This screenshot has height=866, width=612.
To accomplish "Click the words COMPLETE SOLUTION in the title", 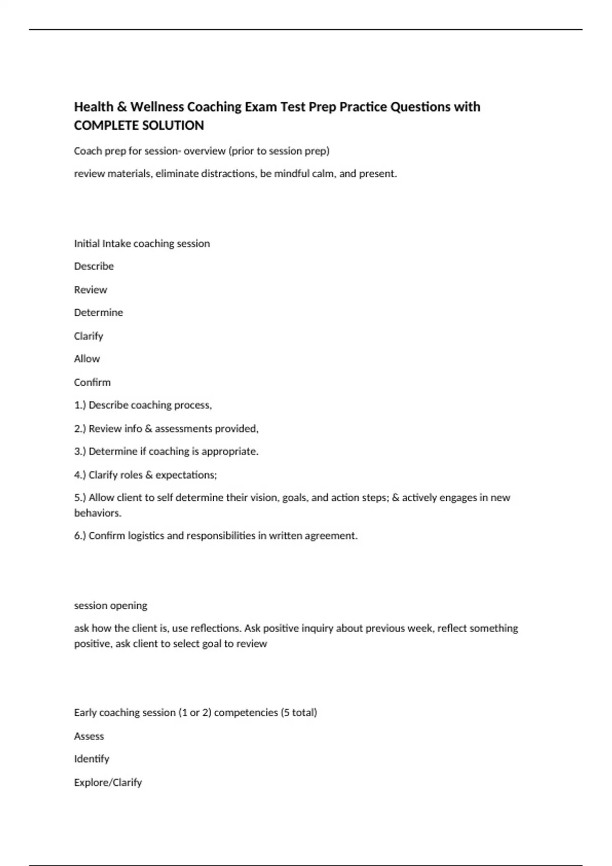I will (139, 125).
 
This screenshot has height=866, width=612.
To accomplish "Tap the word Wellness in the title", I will (157, 107).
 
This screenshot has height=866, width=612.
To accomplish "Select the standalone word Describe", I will (94, 266).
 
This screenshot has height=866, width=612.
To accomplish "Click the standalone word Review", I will (91, 290).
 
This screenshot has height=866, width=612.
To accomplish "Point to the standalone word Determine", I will (98, 313).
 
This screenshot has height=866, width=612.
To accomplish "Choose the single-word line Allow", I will (87, 359).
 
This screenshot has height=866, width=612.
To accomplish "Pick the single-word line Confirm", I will (92, 383).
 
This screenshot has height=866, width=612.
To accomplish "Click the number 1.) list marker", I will (80, 405).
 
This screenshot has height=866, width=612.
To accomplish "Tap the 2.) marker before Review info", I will (80, 429).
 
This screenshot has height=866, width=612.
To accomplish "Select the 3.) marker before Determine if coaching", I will (80, 452).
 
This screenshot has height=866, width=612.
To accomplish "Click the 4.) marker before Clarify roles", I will (80, 475).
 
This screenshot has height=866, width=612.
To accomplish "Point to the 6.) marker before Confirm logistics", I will (80, 536).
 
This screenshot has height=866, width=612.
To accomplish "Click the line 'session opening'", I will (111, 606).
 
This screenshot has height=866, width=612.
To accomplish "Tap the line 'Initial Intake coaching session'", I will (142, 243).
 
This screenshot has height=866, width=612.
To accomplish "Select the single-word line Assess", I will (89, 736).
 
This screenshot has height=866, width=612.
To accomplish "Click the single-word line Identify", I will (92, 759).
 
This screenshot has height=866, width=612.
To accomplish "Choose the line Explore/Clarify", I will (108, 782).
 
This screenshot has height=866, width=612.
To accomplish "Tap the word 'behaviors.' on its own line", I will (98, 513).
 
